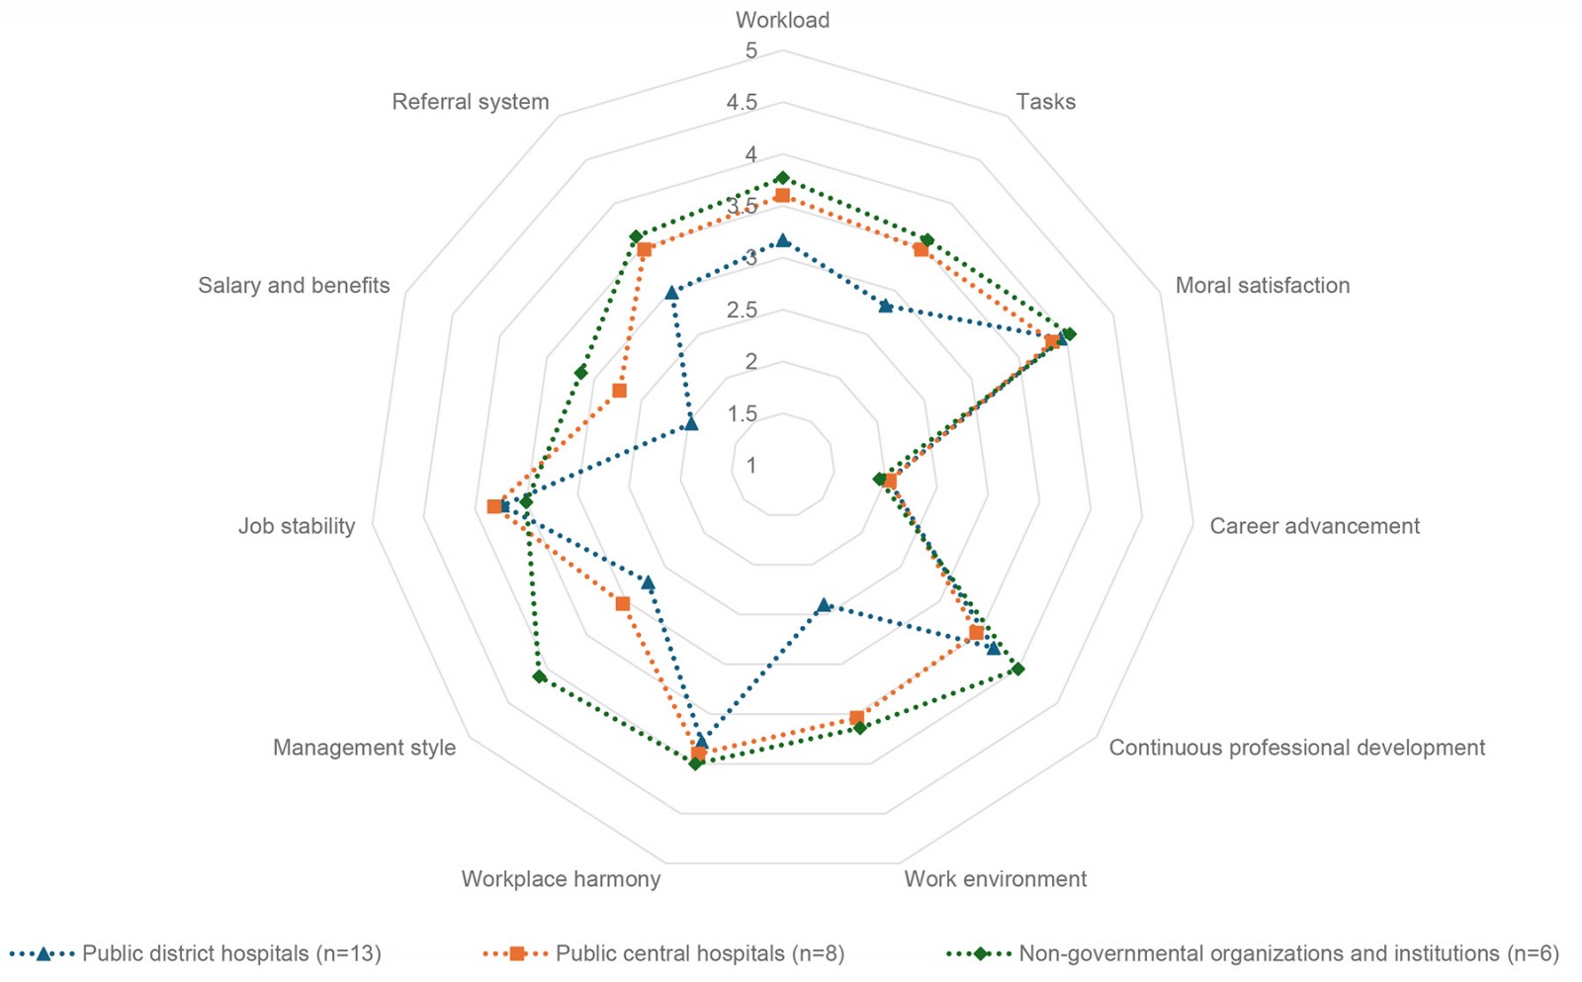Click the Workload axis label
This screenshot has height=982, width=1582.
click(782, 20)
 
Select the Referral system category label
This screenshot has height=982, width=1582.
click(470, 102)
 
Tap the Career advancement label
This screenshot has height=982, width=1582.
click(1314, 526)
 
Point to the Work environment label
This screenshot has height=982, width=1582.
click(995, 879)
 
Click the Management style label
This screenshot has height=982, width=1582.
click(364, 748)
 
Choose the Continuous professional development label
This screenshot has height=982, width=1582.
click(1296, 748)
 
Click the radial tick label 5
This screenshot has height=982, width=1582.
click(751, 50)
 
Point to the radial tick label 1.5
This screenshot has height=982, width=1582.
click(743, 413)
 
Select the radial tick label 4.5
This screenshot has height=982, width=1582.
click(742, 103)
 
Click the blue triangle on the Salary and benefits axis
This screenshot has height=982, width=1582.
click(690, 424)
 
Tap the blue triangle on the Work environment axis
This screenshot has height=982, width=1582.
click(824, 604)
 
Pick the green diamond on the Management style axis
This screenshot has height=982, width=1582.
click(539, 676)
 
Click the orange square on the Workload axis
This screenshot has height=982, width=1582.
click(782, 196)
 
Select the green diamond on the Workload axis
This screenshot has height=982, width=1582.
click(782, 178)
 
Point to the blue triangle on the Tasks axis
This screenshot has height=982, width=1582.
click(886, 306)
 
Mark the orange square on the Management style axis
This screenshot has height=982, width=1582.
click(623, 603)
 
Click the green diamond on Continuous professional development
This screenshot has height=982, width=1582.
click(1018, 670)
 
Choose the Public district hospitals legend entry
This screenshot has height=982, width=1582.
click(230, 954)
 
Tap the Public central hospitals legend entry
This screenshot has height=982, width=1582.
click(699, 954)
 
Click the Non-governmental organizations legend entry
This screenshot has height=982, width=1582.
click(1287, 954)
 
